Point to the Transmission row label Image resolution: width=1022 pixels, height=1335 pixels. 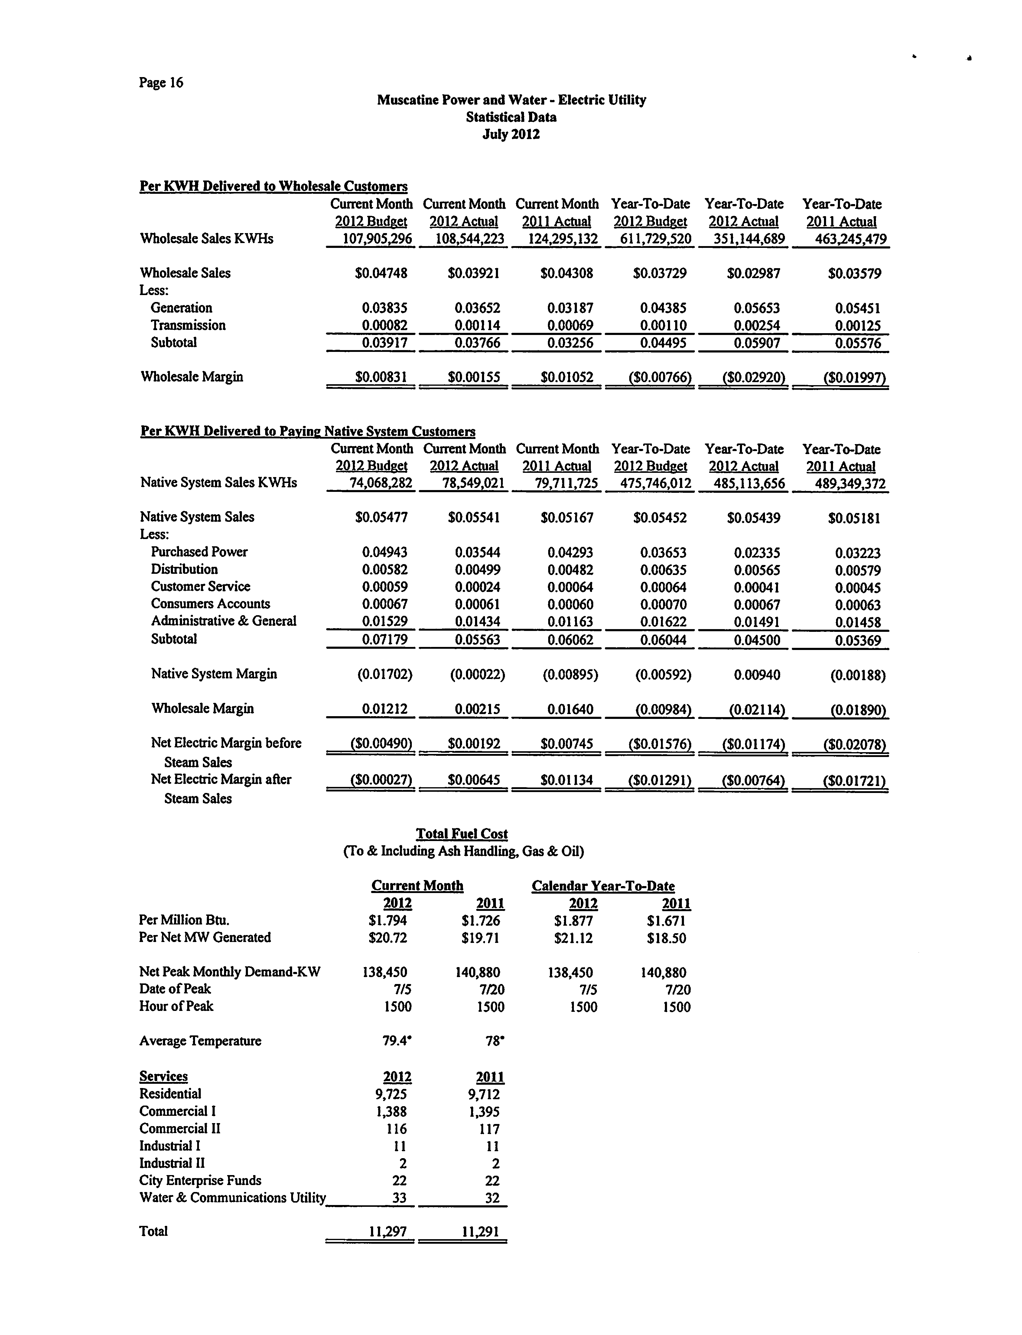coord(188,325)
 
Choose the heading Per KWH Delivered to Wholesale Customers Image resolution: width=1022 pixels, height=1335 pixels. coord(274,186)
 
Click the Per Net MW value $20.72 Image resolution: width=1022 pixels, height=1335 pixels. coord(388,938)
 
